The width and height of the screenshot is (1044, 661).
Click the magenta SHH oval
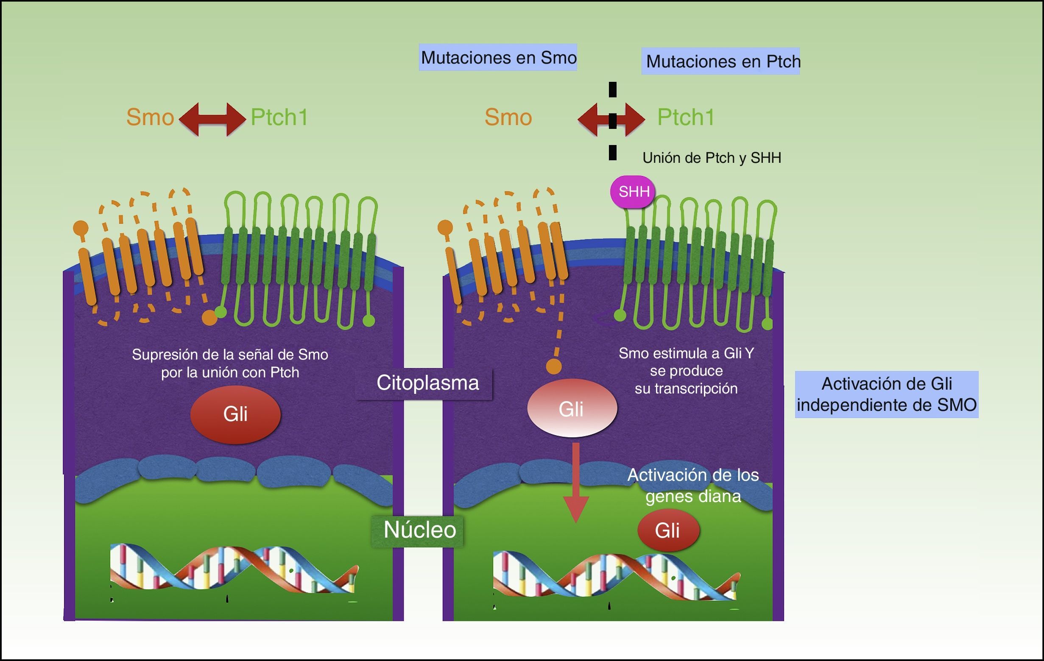click(x=633, y=192)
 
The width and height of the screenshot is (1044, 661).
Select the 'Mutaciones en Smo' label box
click(x=498, y=57)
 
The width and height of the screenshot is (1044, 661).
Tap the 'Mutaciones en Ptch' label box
click(x=720, y=61)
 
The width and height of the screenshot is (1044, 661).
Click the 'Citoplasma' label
click(x=427, y=383)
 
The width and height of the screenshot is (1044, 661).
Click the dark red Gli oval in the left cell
click(x=235, y=414)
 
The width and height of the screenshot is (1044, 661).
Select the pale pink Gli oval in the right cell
click(x=572, y=409)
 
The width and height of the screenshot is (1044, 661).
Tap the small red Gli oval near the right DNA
click(x=668, y=530)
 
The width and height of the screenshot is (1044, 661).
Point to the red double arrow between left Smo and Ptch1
click(x=212, y=119)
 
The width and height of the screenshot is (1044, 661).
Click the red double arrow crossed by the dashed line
click(x=611, y=119)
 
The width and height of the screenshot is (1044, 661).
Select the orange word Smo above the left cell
click(x=150, y=117)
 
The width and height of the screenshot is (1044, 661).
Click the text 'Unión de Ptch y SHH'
click(x=712, y=158)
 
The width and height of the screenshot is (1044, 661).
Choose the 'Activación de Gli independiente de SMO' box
click(x=886, y=394)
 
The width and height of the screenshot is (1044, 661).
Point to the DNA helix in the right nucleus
click(x=616, y=577)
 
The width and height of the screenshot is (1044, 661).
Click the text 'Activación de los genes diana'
click(x=693, y=485)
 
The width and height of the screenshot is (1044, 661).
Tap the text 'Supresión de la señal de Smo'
click(x=230, y=354)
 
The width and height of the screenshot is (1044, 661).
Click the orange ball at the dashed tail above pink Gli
click(x=554, y=366)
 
